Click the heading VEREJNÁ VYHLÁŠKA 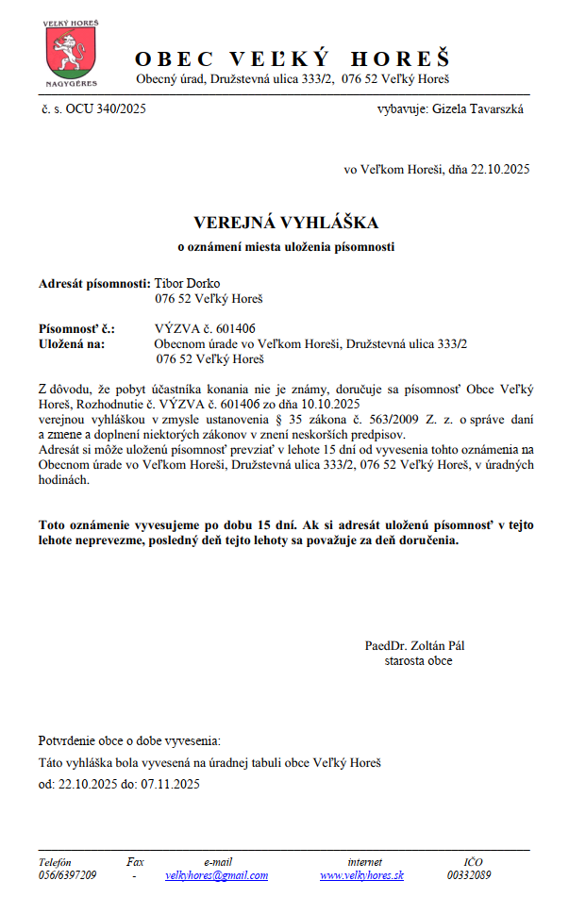286,223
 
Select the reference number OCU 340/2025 106,108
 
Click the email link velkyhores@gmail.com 216,875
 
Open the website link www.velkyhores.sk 361,875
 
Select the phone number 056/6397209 67,875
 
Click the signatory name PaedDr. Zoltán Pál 414,646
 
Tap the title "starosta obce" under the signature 418,660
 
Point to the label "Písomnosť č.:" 76,329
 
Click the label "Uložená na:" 72,343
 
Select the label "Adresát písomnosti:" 94,283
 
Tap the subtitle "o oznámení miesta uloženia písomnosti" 286,247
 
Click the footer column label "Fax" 135,861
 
